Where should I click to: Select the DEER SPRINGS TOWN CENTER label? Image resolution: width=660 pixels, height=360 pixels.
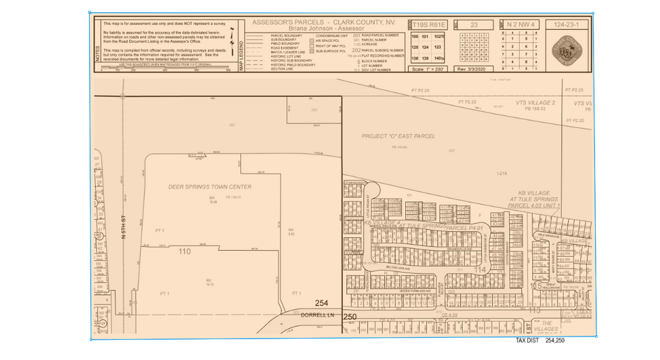tap(210, 186)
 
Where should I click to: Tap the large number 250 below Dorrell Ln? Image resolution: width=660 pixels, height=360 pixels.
tap(350, 316)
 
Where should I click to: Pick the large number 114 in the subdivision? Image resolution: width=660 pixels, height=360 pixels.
tap(479, 269)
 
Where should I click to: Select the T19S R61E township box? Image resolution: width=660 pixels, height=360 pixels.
tap(429, 25)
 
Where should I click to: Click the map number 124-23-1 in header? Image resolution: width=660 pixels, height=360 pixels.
tap(567, 24)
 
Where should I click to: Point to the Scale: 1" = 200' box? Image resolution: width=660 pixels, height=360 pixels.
tap(429, 68)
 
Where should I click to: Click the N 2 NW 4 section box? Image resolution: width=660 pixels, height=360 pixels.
tap(521, 25)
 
